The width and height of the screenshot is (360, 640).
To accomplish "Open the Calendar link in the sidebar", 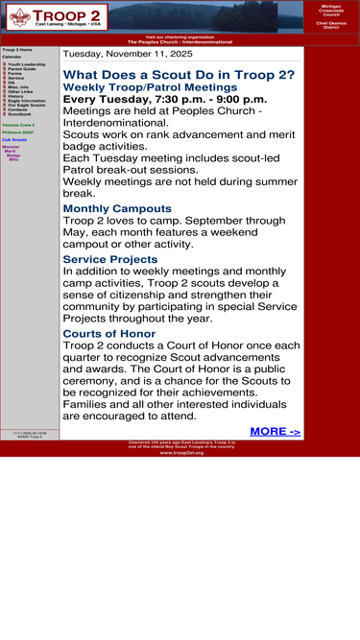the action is [12, 57].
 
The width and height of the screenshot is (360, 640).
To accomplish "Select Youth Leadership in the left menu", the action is [26, 64].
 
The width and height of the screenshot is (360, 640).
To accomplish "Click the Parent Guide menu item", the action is [22, 69].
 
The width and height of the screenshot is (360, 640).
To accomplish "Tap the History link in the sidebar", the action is [15, 96].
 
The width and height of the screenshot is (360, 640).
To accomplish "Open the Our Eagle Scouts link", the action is [26, 105].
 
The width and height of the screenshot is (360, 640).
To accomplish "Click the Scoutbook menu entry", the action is [19, 113].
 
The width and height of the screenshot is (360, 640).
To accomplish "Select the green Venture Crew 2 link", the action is [18, 125].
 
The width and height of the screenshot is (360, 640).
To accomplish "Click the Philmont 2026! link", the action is [17, 132].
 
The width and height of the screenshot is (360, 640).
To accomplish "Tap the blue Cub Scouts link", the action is [14, 139].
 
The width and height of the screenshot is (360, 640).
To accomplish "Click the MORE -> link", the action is [275, 432].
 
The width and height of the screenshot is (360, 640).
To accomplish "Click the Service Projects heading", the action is [109, 259].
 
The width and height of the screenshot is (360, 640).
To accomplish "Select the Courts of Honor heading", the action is [108, 334].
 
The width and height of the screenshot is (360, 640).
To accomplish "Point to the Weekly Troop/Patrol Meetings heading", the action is [150, 87].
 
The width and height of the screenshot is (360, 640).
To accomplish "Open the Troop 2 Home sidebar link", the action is [16, 49].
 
